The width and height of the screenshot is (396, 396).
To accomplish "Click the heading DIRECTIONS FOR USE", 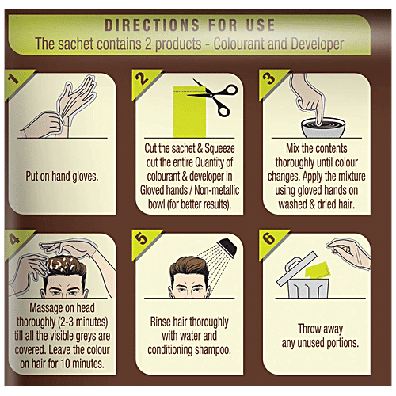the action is coord(190,25).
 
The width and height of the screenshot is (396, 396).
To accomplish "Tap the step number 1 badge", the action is coord(16,81).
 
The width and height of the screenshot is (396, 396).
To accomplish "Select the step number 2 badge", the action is coord(143,81).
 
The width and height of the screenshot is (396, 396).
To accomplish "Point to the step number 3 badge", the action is coord(270,81).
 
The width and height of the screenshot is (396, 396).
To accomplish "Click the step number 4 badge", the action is coord(16,241).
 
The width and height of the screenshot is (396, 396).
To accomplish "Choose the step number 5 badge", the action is coord(143,241).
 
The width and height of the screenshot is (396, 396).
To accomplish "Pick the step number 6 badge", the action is coord(270,241).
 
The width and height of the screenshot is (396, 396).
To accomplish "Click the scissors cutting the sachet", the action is coord(216,97).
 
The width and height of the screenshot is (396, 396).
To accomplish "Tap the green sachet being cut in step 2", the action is coord(189,112).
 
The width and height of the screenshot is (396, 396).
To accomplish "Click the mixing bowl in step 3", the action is coord(323,128).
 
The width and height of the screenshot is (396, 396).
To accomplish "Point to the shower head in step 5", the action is coord(228,246).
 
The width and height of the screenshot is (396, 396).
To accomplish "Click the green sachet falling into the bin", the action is coord(318,270).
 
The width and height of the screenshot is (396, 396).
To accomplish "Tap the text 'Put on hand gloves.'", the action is coord(62,177).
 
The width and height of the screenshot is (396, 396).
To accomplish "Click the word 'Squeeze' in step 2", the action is coord(219,148).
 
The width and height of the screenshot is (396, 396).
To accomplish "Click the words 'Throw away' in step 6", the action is coord(320,329).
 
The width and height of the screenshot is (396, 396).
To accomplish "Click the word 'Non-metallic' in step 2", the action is coord(217,190).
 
